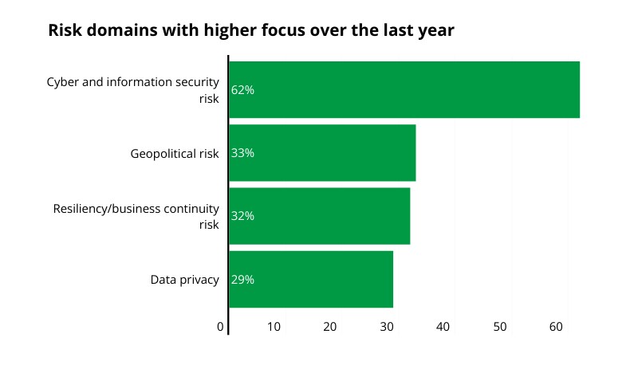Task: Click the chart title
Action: coord(250,31)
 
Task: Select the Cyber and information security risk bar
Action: coord(404,89)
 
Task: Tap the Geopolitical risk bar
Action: coord(322,153)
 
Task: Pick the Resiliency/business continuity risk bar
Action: coord(319,216)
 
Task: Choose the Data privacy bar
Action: coord(311,279)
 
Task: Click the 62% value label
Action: coord(242,90)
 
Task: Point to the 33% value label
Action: coord(242,153)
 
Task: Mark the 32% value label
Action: coord(242,216)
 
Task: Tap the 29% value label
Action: coord(242,280)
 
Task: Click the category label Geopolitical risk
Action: coord(175,153)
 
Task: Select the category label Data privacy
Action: coord(184,280)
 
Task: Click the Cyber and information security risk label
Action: coord(132,89)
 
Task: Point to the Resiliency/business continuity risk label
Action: coord(136,216)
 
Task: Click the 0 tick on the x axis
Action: coord(221,327)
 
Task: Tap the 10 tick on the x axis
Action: coord(274,327)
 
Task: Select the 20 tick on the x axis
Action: coord(330,327)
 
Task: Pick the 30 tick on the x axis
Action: coord(387,327)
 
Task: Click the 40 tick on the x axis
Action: coord(443,327)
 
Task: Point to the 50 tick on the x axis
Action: coord(500,327)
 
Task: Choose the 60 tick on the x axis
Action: coord(557,327)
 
